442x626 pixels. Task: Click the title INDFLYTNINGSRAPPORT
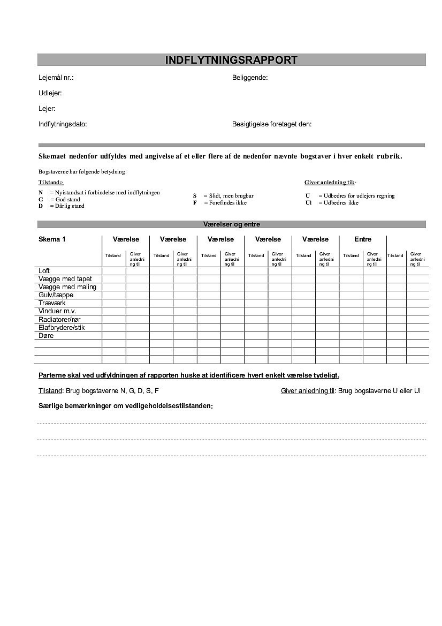(231, 60)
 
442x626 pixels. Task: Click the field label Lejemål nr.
(56, 78)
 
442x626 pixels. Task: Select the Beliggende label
(249, 78)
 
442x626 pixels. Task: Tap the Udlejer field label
(50, 93)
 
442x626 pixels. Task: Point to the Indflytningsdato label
(63, 124)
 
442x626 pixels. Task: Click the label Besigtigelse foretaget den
(271, 124)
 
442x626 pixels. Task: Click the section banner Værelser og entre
(231, 224)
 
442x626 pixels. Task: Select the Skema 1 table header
(52, 239)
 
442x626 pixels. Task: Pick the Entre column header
(362, 239)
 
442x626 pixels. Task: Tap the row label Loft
(44, 271)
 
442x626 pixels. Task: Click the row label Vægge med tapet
(65, 279)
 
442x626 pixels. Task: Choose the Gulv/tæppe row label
(56, 295)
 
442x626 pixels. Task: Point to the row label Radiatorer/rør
(59, 319)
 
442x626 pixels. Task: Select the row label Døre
(46, 336)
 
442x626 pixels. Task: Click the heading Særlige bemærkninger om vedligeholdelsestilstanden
(125, 406)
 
